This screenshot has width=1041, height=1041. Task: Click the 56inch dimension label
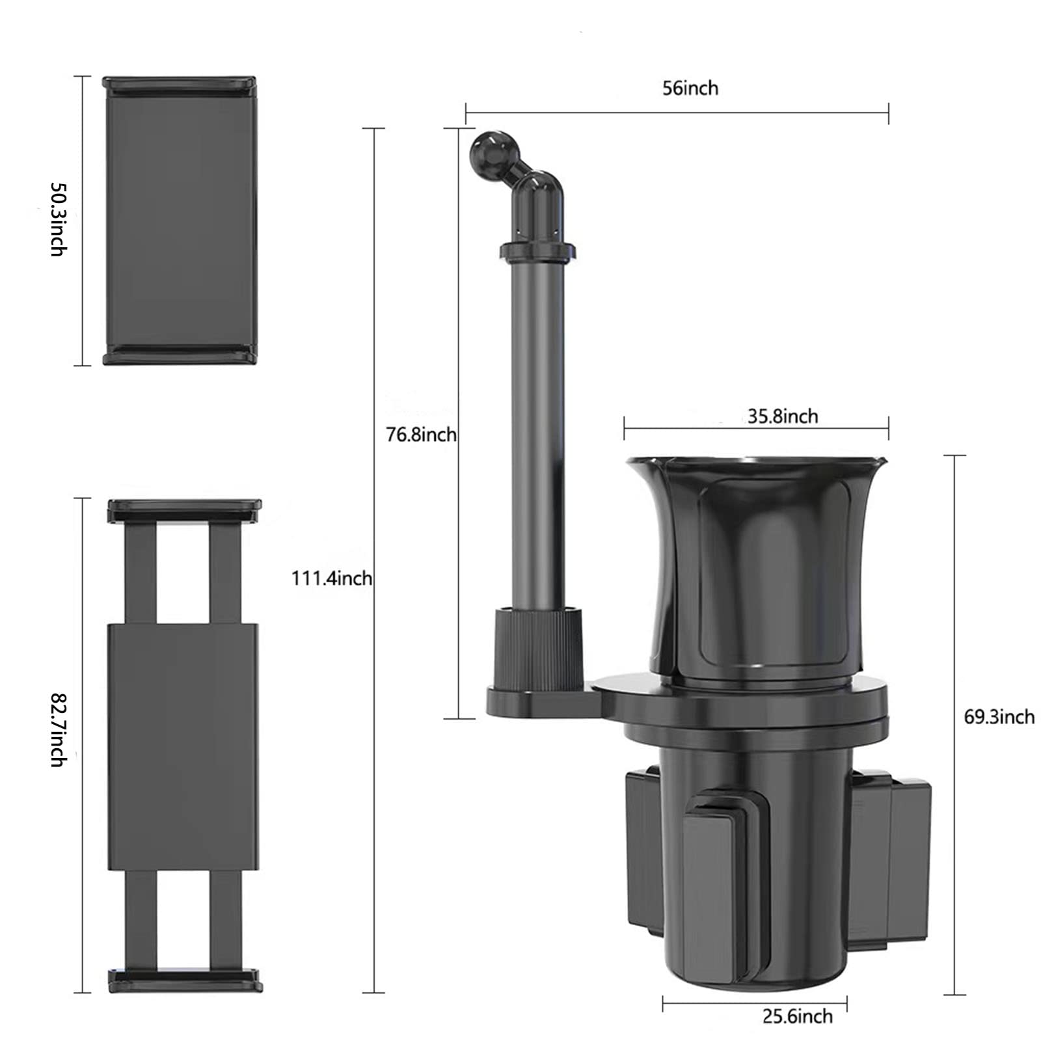click(x=690, y=88)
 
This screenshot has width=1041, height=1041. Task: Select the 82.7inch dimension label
click(x=59, y=729)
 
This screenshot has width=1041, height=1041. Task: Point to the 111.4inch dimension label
click(x=332, y=578)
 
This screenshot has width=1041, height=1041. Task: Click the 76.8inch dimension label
click(x=422, y=434)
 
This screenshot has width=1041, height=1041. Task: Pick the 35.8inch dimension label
click(x=783, y=416)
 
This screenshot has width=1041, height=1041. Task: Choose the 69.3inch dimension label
click(x=999, y=717)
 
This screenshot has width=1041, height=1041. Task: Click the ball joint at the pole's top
click(x=486, y=149)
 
